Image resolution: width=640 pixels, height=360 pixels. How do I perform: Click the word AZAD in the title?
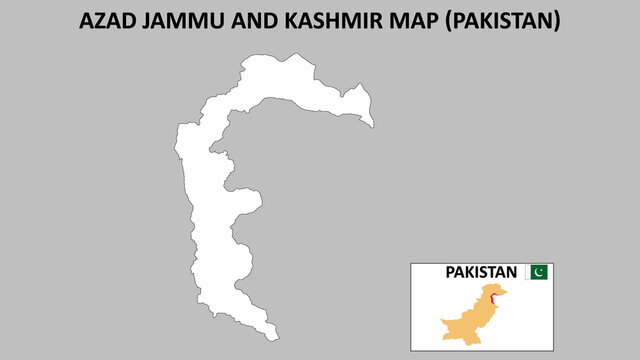107,22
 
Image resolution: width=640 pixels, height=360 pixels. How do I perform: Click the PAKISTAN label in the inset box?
481,272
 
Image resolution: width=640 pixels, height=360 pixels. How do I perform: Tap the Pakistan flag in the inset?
538,272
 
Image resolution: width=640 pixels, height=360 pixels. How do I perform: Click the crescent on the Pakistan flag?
541,272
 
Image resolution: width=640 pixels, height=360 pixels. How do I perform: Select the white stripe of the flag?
529,272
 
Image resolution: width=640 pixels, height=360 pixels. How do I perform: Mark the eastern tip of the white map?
374,126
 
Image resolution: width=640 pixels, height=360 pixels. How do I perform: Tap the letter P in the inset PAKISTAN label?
450,272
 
